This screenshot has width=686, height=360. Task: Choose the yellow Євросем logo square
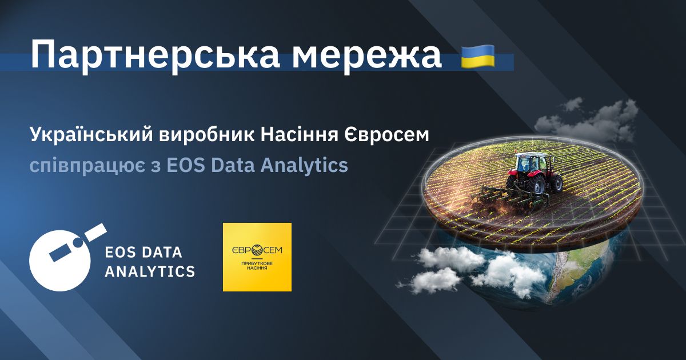257,257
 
